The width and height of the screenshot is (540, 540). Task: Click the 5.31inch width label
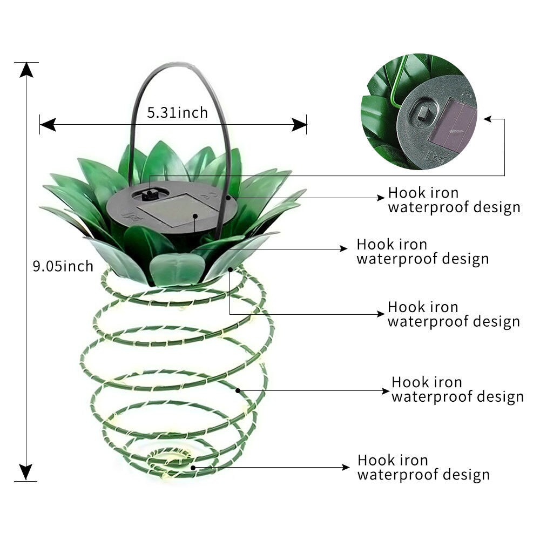177,112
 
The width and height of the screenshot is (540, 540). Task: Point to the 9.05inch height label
63,266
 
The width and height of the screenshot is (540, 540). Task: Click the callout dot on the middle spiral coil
238,390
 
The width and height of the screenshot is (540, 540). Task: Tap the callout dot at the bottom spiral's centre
192,467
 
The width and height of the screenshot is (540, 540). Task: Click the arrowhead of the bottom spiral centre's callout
346,467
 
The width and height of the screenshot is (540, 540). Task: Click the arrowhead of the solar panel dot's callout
344,248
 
